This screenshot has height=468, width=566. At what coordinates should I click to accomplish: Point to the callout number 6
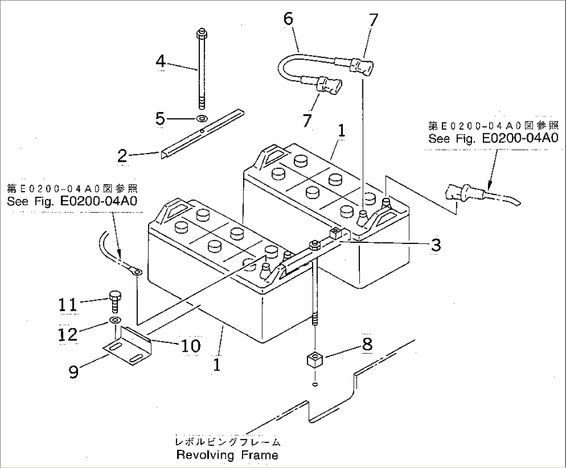(288, 19)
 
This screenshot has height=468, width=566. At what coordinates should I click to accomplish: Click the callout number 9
(74, 371)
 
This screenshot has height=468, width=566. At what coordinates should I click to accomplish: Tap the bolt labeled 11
(115, 300)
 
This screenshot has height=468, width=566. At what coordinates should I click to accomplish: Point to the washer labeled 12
(115, 319)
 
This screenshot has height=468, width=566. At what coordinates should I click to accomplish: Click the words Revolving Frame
(227, 455)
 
